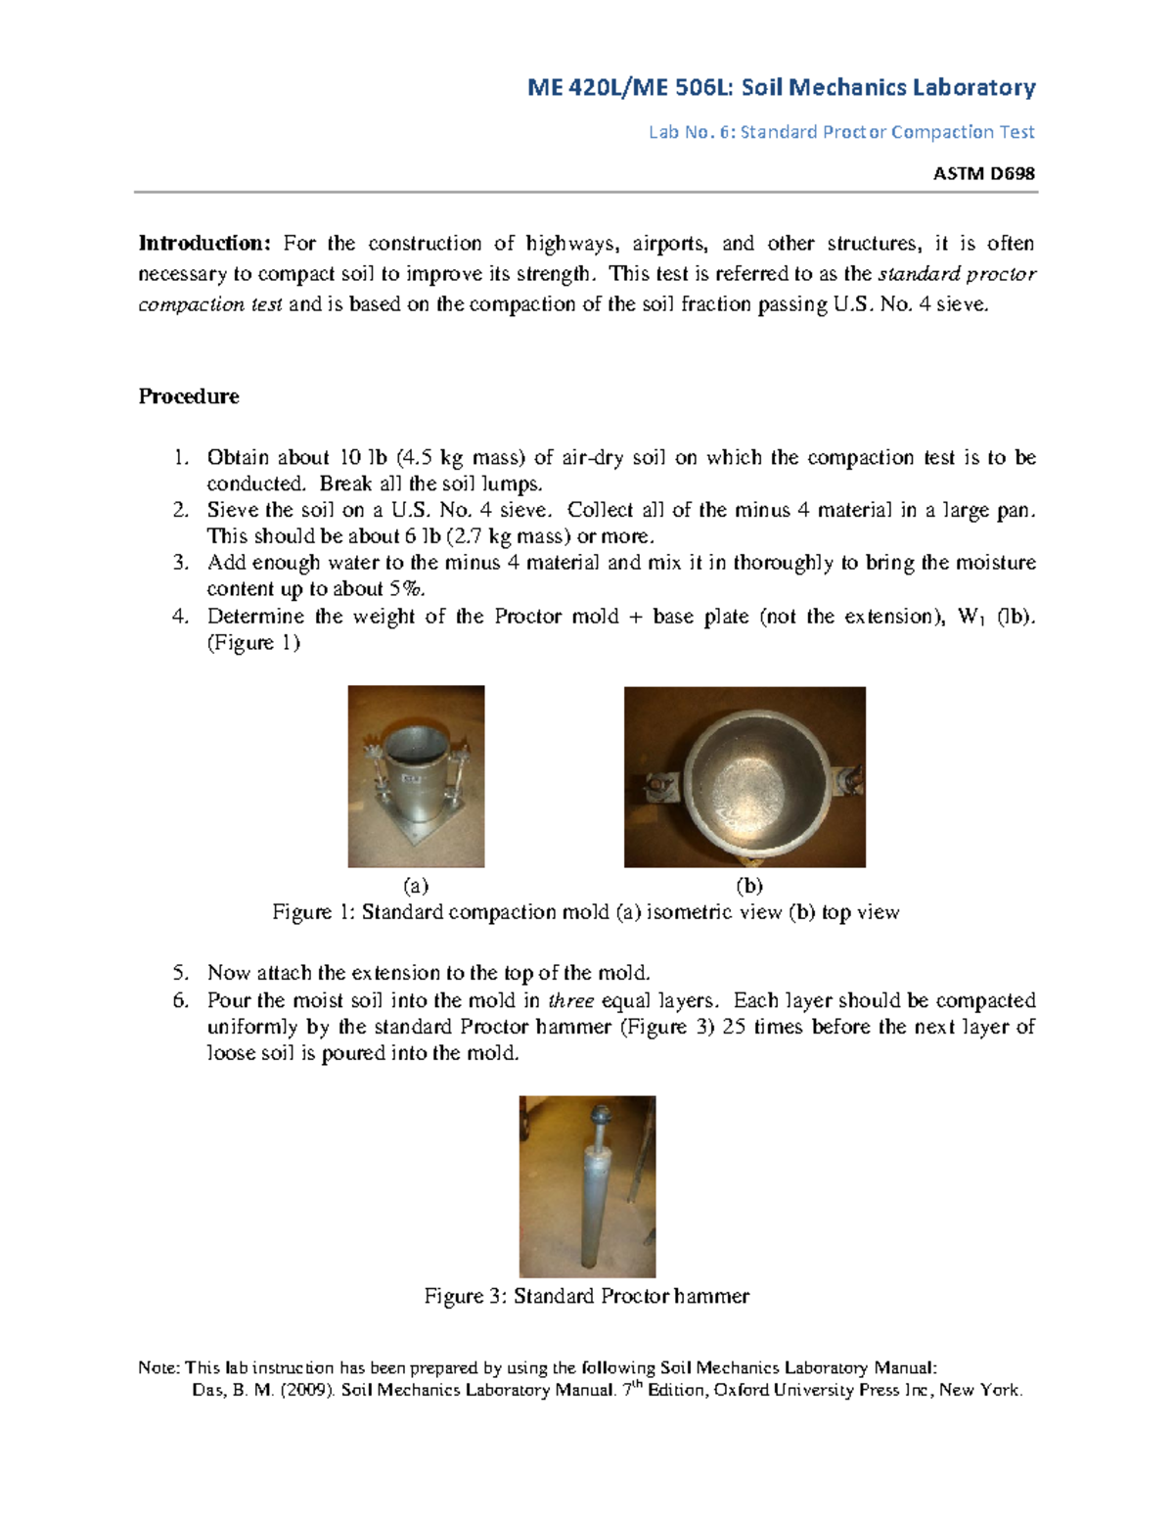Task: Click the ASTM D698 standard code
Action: click(983, 173)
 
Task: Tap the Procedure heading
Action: click(189, 396)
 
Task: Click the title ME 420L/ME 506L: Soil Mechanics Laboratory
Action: click(781, 88)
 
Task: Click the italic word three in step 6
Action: click(571, 1000)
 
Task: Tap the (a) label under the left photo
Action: click(416, 886)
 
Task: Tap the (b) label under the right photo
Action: click(748, 886)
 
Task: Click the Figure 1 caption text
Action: click(585, 912)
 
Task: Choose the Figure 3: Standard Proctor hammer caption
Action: click(586, 1296)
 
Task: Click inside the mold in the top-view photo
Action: click(745, 773)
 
